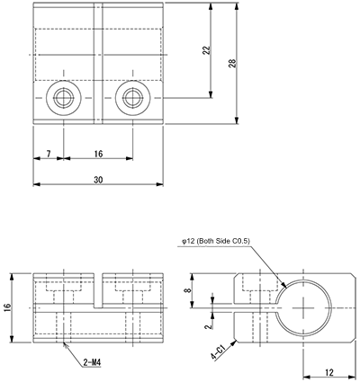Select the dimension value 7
pyautogui.click(x=49, y=154)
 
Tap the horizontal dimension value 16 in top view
pyautogui.click(x=97, y=154)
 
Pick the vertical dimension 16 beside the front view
pyautogui.click(x=8, y=307)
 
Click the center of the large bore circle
pyautogui.click(x=306, y=308)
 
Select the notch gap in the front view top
pyautogui.click(x=98, y=287)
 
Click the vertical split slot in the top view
pyautogui.click(x=98, y=63)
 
